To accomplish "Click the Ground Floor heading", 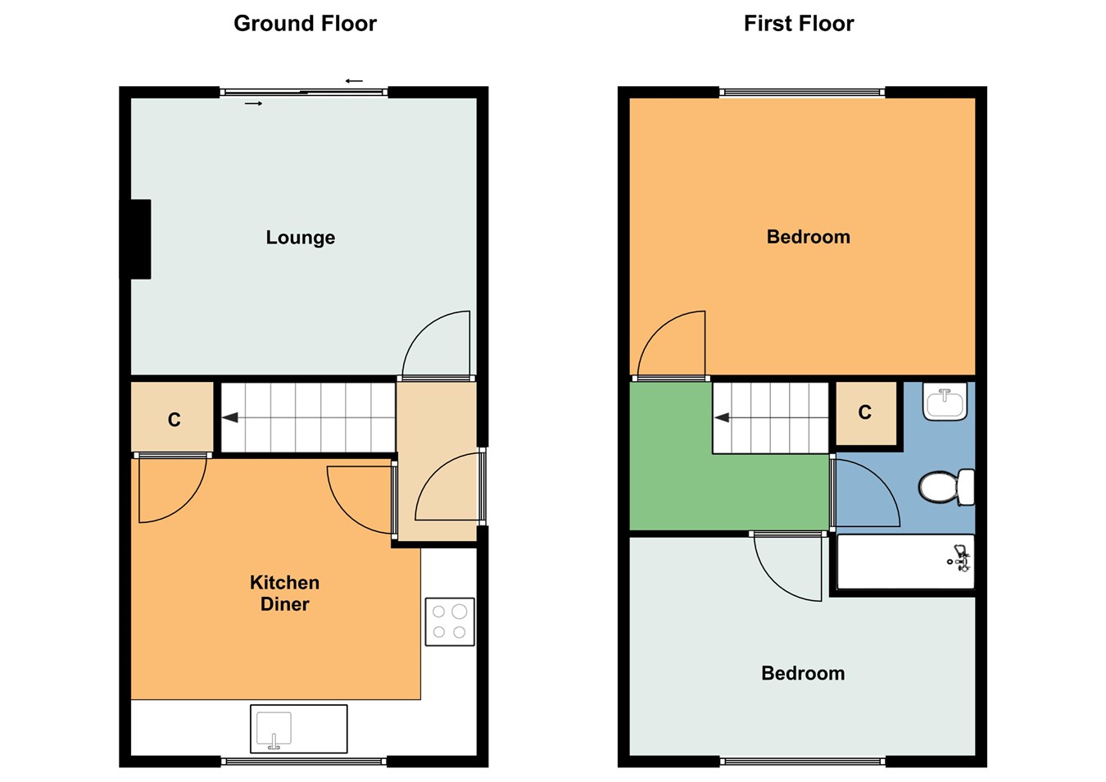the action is coord(305,24).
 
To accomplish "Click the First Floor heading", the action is coord(799,24).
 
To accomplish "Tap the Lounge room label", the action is coord(300,238).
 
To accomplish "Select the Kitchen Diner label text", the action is coord(284,593).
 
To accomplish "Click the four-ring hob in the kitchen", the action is coord(450,622).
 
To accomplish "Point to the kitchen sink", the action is coord(299,729).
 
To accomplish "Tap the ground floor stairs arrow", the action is coord(230,417).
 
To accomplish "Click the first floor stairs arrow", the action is coord(722,417).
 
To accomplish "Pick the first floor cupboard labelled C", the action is coord(866,413).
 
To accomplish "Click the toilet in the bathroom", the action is coord(946,487).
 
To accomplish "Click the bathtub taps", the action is coord(960,558).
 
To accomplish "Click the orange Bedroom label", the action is coord(809,237).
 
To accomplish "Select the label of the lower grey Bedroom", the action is coord(803,673).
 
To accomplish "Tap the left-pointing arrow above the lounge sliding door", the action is coord(354,80).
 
